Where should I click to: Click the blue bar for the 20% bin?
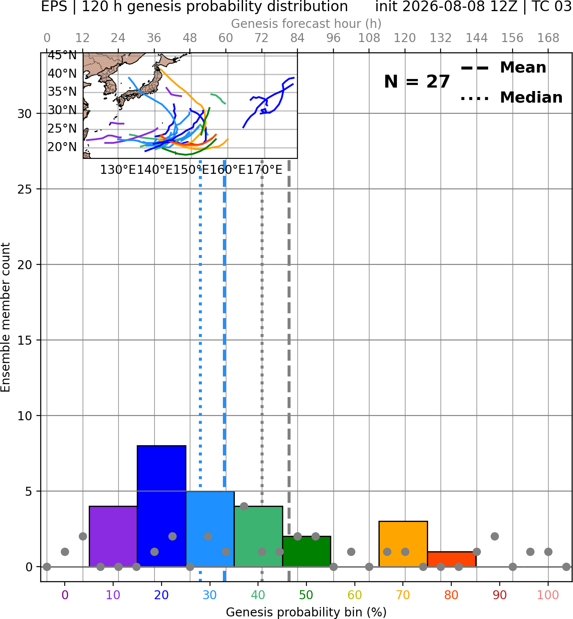click(x=162, y=506)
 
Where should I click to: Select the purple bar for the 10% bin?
click(x=113, y=537)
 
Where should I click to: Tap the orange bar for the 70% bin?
click(x=403, y=544)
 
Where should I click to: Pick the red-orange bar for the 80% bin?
click(x=452, y=559)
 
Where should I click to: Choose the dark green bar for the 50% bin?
click(x=306, y=551)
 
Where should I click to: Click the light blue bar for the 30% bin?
click(x=210, y=529)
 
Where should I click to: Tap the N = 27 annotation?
click(x=417, y=82)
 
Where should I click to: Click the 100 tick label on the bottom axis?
click(x=548, y=595)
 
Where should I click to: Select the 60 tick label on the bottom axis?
click(x=354, y=595)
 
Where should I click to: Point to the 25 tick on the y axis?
click(x=25, y=189)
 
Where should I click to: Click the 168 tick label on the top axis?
click(x=548, y=38)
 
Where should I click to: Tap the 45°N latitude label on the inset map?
click(x=62, y=55)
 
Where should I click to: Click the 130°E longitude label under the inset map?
click(x=118, y=170)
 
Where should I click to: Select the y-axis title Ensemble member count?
click(x=5, y=317)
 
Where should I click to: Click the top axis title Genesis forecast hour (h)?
click(x=306, y=24)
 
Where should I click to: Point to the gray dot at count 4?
click(x=244, y=506)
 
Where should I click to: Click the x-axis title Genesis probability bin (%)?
click(x=306, y=612)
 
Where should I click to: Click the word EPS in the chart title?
click(x=54, y=6)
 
